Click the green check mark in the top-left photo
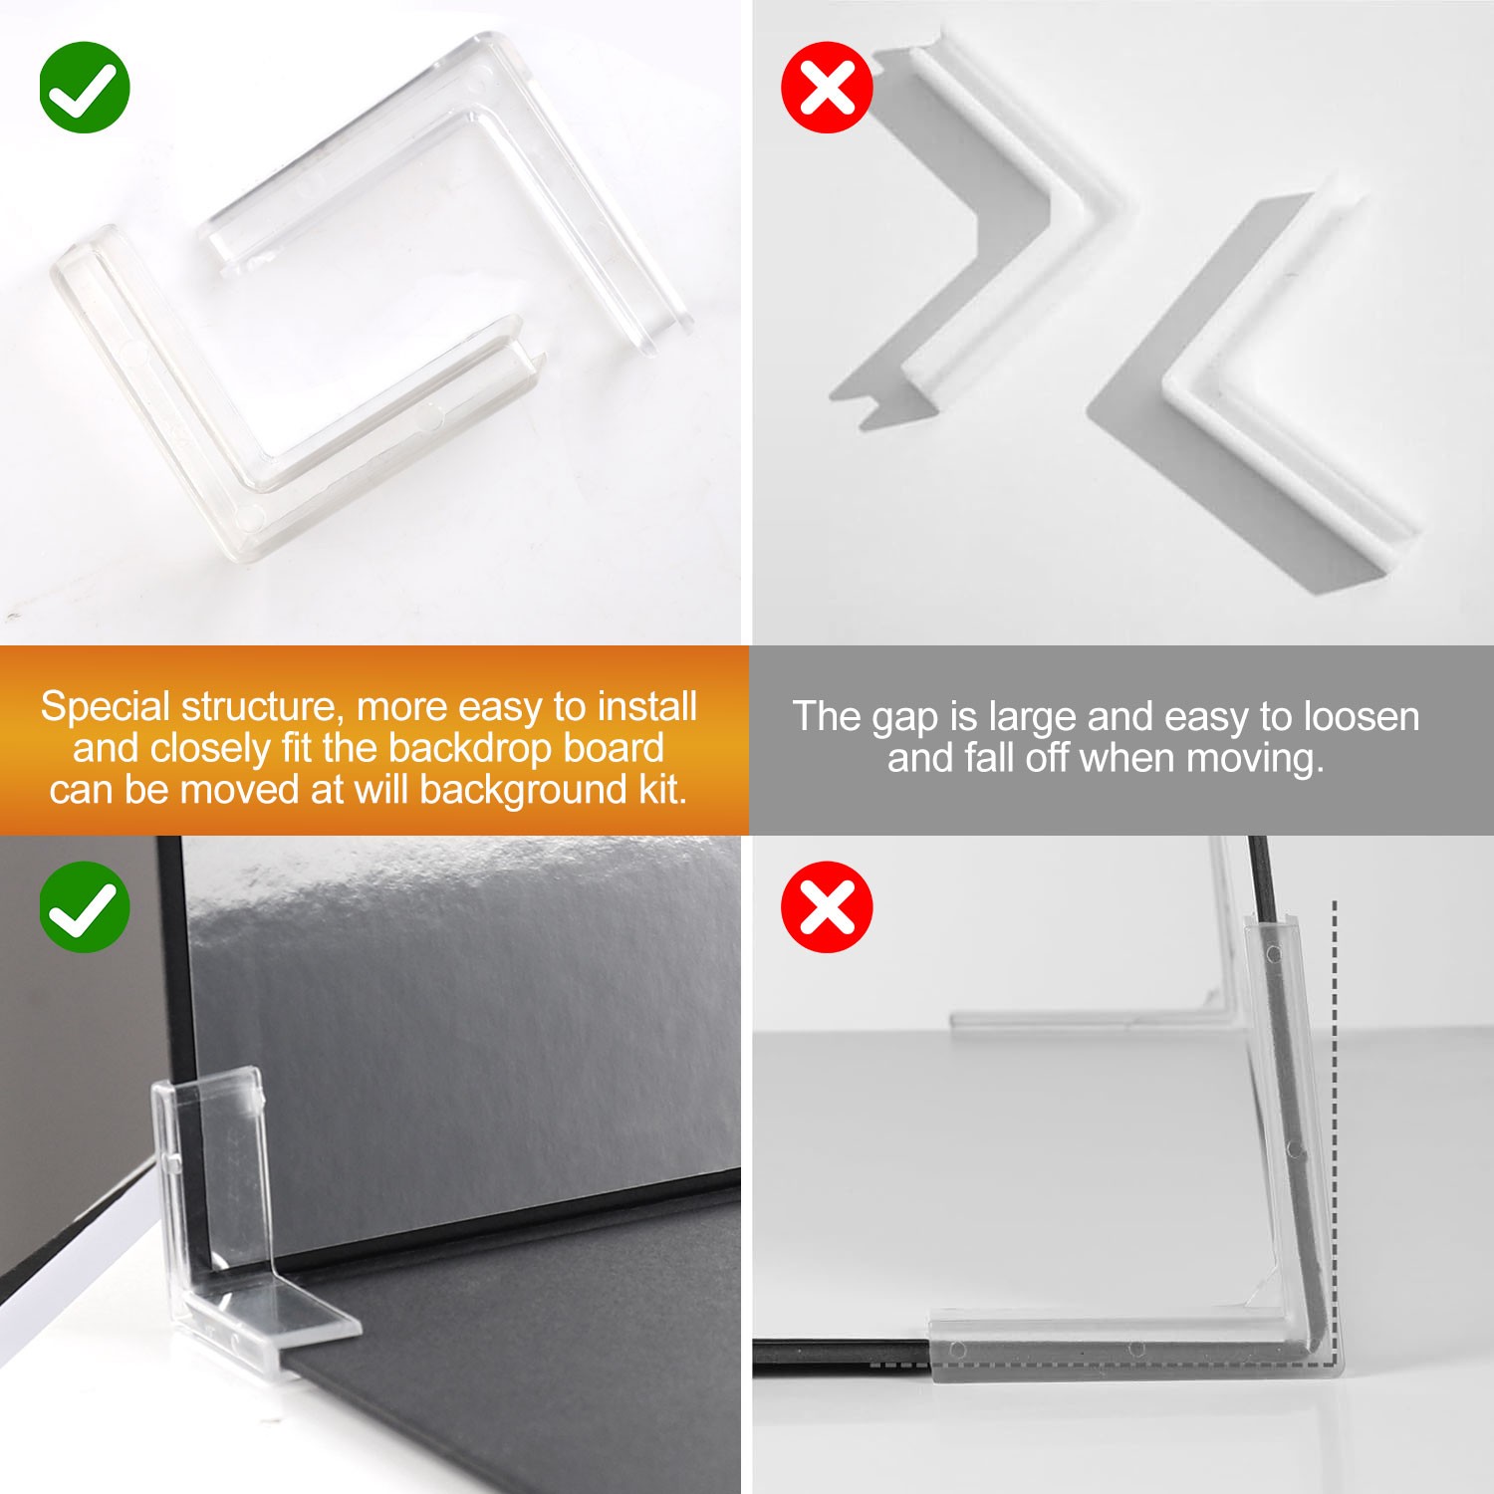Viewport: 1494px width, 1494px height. [x=85, y=88]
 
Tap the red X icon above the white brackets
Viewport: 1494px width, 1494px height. [x=827, y=88]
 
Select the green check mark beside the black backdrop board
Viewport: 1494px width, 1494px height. [x=85, y=907]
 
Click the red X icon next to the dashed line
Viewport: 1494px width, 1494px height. [x=827, y=907]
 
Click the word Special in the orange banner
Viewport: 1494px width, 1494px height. [x=106, y=708]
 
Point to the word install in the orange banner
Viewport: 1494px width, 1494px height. [x=647, y=706]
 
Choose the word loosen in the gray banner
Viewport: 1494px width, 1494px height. [x=1361, y=716]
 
